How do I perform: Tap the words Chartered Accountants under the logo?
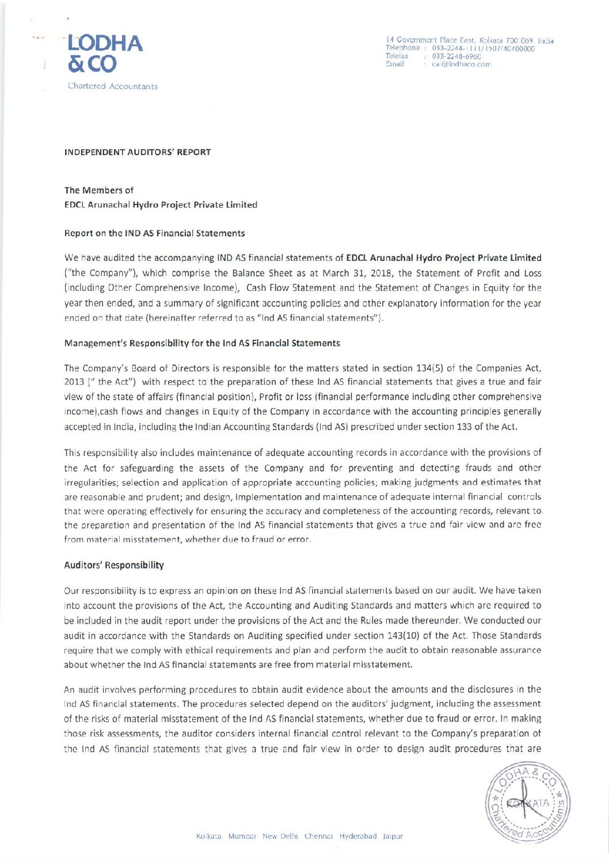112,86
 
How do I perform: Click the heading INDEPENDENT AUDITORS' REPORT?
138,153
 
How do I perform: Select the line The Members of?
99,190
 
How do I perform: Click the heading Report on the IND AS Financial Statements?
154,233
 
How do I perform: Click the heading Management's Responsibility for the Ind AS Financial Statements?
202,343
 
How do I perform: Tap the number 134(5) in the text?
435,368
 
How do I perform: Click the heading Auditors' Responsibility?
114,565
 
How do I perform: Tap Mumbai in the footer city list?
242,836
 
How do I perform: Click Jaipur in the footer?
393,836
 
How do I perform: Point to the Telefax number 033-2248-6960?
456,56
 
